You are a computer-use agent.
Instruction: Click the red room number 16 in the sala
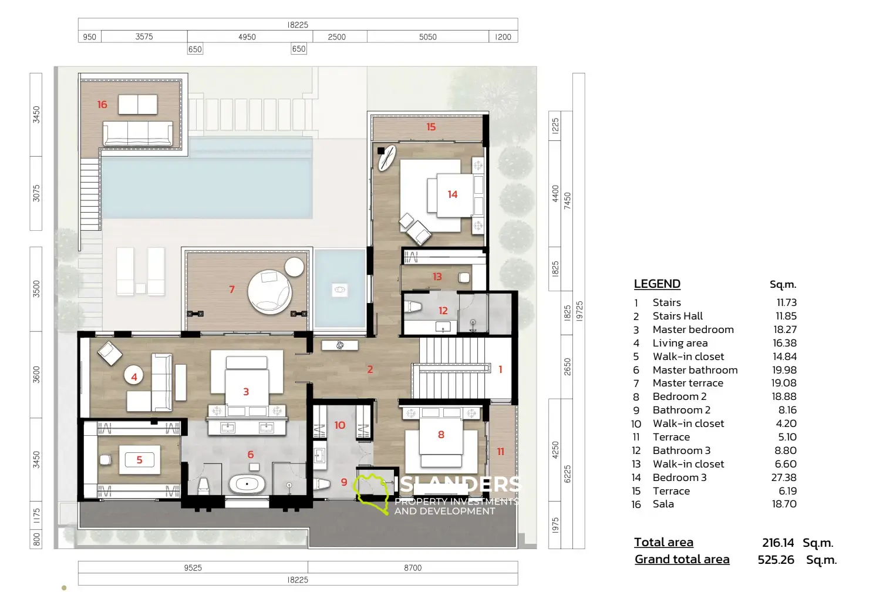click(102, 105)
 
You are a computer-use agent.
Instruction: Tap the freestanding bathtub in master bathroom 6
click(247, 484)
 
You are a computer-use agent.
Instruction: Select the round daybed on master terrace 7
click(270, 292)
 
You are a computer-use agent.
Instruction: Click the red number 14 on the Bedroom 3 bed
click(453, 194)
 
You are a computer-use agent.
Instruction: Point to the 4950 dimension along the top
click(247, 37)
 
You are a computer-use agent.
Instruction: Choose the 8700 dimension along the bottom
click(413, 567)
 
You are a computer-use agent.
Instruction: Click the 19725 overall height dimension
click(579, 311)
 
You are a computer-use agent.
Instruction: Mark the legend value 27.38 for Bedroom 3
click(784, 477)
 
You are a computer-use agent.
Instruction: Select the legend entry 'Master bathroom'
click(695, 370)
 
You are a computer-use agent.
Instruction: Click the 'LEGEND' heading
click(657, 284)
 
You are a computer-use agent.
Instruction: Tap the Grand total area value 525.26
click(776, 560)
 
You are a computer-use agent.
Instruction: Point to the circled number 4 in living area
click(134, 376)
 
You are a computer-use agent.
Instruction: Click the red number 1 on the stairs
click(500, 369)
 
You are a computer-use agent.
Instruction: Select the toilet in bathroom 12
click(413, 307)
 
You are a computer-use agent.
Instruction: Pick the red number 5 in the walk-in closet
click(139, 460)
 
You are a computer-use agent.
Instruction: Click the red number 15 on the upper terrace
click(431, 127)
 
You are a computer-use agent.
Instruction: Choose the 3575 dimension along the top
click(144, 36)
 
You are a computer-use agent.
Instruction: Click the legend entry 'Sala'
click(663, 504)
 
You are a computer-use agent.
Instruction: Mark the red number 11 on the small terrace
click(501, 452)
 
